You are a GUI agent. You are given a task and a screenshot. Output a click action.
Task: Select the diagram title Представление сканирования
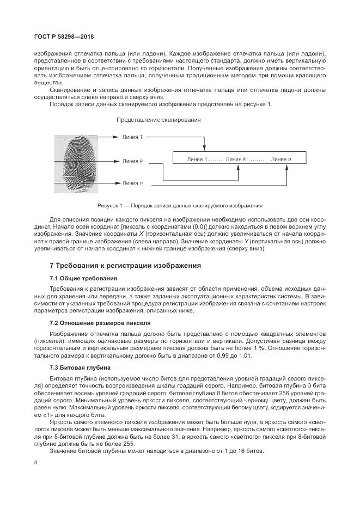(158, 119)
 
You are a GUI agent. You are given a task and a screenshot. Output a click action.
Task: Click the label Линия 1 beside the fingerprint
(132, 137)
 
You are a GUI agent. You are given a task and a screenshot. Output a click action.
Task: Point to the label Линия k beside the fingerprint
(132, 161)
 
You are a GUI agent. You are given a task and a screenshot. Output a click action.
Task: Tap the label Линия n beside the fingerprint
(132, 183)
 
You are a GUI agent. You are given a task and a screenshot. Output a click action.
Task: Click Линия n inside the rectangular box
(280, 158)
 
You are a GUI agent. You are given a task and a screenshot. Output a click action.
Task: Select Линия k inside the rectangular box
(235, 158)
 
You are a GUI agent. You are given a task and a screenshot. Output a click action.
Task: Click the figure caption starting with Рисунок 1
(180, 206)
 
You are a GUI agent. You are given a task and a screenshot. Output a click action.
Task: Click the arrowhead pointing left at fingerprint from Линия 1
(115, 137)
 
